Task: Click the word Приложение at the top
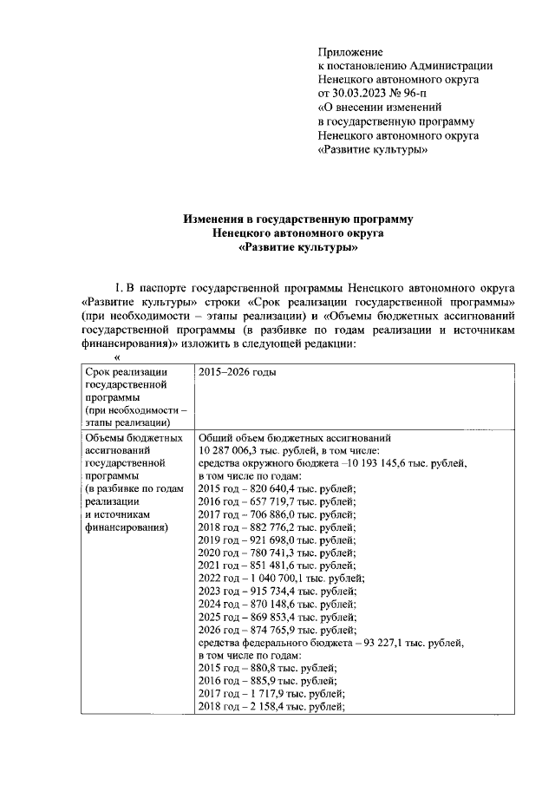tap(350, 52)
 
